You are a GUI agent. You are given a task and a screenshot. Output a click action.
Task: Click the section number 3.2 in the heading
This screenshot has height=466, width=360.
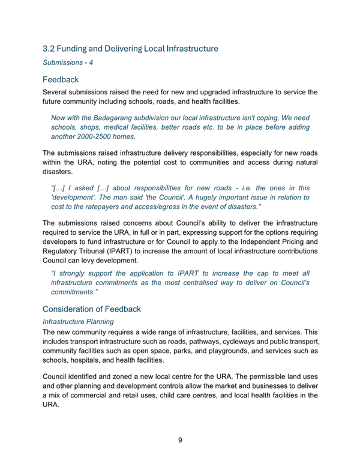coord(49,47)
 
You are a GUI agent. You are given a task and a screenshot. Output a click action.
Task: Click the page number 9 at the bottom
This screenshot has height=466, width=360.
coord(180,440)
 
